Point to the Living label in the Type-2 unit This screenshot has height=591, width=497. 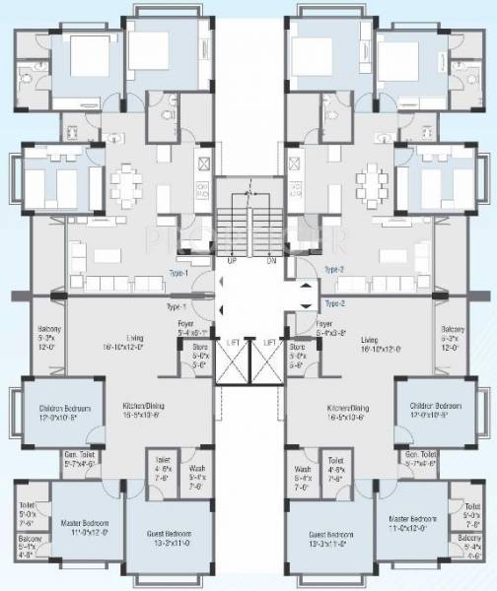370,338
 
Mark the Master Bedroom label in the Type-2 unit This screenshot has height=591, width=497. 412,518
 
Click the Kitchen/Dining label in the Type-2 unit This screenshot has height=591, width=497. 347,407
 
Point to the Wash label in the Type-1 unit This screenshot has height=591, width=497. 196,469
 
